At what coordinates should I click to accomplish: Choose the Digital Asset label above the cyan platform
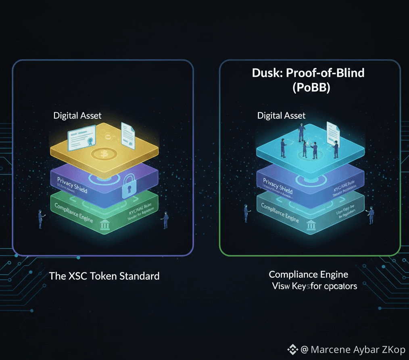pos(281,115)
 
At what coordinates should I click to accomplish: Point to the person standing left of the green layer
pos(40,219)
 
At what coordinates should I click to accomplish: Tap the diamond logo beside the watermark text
pos(292,349)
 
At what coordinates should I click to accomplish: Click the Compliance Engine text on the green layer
pos(74,212)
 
